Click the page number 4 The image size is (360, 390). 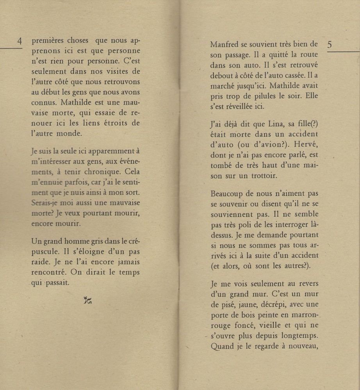[x=19, y=41]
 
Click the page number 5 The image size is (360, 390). [x=330, y=45]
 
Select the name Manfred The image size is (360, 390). [x=224, y=45]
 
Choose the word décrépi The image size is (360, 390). [x=276, y=304]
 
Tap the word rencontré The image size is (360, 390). [x=48, y=272]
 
